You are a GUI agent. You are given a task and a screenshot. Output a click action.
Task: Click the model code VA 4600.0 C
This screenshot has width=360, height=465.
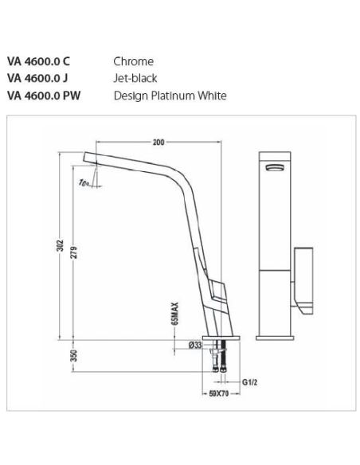(x=38, y=61)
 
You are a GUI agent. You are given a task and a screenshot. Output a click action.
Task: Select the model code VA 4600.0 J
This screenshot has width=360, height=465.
(x=37, y=78)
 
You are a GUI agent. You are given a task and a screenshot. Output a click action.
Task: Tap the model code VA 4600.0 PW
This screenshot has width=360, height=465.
(x=44, y=96)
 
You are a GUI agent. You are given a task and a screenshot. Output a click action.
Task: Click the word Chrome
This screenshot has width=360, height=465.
(x=134, y=61)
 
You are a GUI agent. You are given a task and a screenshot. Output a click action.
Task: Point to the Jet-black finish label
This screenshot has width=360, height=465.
(x=135, y=78)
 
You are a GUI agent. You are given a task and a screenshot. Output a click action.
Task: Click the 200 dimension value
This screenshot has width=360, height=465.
(x=158, y=143)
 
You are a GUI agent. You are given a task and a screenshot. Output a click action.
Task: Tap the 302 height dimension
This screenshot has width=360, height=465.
(x=61, y=245)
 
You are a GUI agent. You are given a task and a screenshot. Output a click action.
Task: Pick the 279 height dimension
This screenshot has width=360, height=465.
(x=74, y=252)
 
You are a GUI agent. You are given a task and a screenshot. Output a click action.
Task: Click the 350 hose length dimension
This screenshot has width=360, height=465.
(x=74, y=356)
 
